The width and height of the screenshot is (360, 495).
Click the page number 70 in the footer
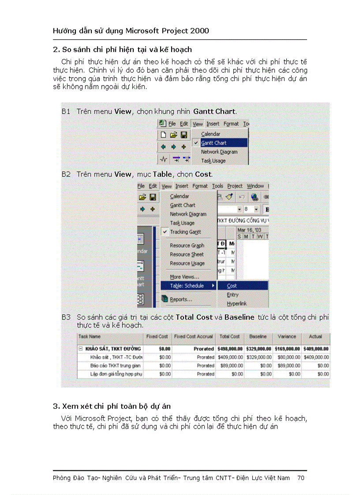301,478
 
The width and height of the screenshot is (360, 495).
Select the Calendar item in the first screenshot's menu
210,134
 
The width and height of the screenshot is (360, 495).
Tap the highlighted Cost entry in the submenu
232,286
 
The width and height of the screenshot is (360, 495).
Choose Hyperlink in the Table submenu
236,304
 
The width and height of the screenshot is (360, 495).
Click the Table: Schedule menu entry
187,286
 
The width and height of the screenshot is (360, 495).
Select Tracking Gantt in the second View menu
185,232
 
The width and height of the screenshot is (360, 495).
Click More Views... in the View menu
184,277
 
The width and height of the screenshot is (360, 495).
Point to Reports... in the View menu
180,299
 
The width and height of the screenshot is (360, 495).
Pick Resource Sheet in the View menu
187,254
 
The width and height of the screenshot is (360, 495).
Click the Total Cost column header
229,336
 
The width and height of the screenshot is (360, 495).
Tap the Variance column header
287,336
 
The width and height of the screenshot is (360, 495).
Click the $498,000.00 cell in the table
230,348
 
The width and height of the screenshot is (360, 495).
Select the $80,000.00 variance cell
287,357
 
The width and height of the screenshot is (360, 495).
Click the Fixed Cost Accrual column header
193,336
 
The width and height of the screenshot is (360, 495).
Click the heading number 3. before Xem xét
56,406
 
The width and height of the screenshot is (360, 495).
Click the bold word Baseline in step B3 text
239,317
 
